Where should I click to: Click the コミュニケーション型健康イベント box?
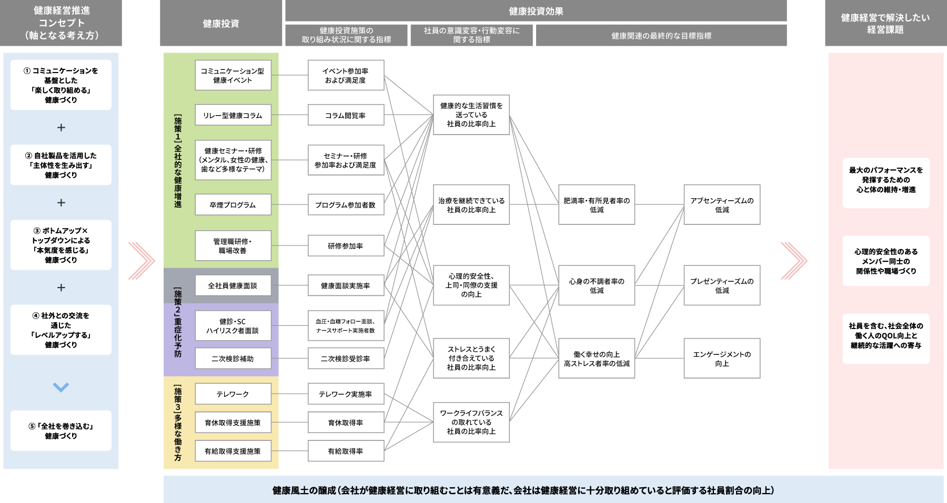tap(233, 75)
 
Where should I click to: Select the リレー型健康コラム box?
tap(233, 115)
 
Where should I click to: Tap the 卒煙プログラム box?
tap(233, 204)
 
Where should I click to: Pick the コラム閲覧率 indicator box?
tap(346, 115)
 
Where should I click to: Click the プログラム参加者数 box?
tap(346, 204)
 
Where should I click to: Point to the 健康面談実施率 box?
tap(346, 285)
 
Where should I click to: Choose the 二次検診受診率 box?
tap(346, 358)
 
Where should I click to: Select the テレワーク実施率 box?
tap(346, 394)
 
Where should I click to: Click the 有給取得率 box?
tap(346, 451)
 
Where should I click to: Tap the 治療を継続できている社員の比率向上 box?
tap(471, 204)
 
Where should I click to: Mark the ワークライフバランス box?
tap(471, 422)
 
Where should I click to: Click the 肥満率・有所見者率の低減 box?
tap(597, 204)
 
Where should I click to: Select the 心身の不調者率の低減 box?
tap(597, 285)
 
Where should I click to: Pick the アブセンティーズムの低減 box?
tap(722, 204)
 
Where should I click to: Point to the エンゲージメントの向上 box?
tap(722, 358)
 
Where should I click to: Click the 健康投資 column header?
tap(221, 23)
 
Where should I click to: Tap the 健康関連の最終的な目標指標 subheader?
tap(661, 36)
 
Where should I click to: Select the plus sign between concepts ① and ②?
tap(61, 128)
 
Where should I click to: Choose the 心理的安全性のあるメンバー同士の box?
tap(886, 261)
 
